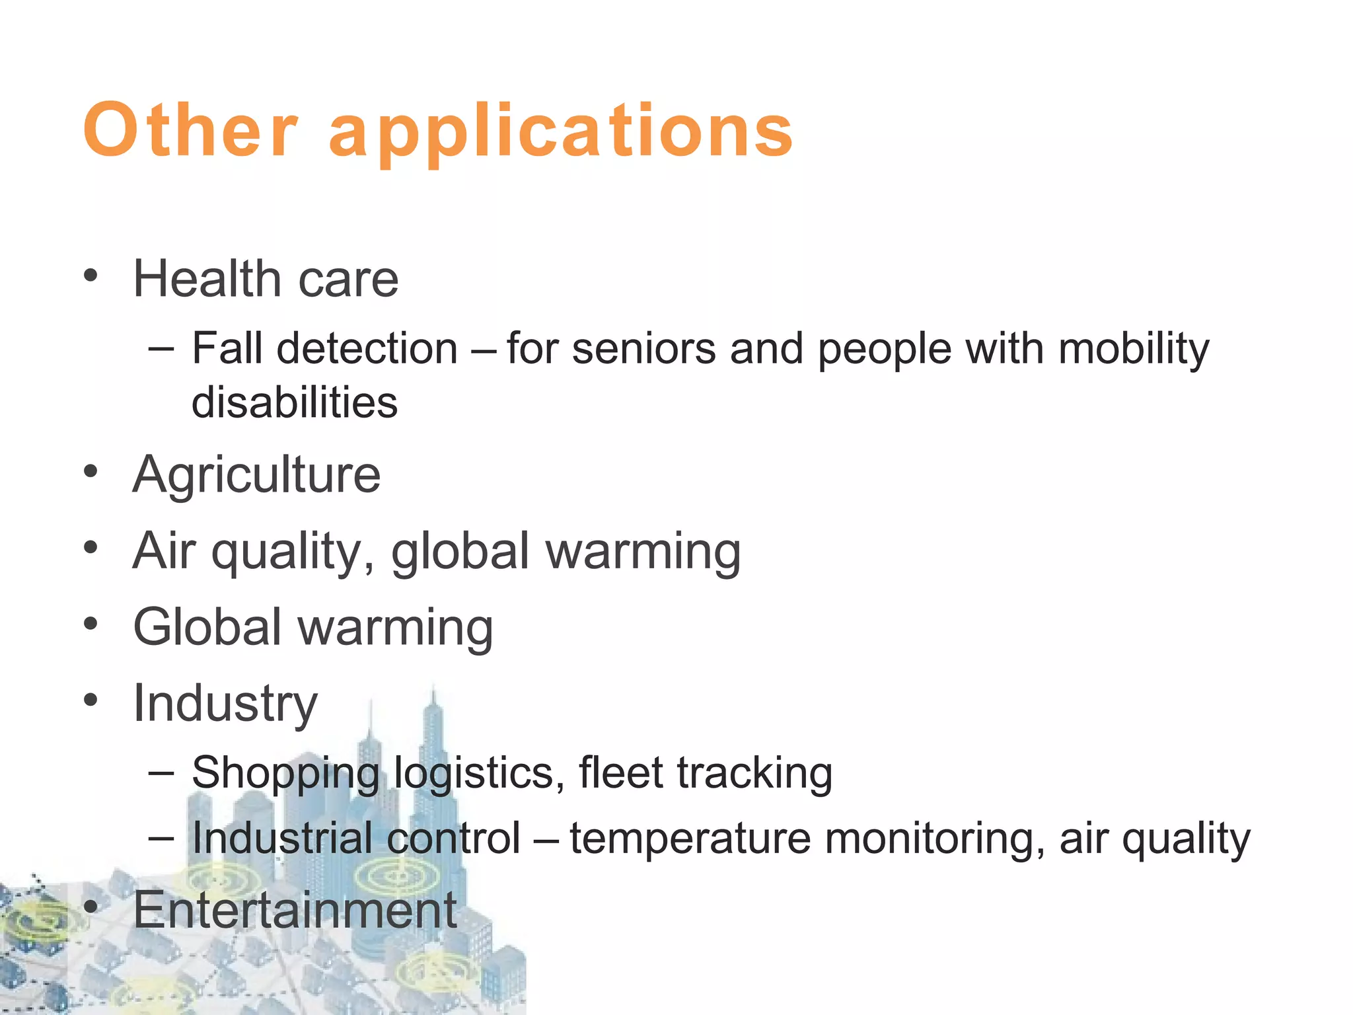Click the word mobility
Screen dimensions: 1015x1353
(x=1134, y=350)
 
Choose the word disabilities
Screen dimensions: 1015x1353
(x=295, y=402)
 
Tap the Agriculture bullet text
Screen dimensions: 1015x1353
(x=257, y=475)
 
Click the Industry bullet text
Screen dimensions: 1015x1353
(x=225, y=704)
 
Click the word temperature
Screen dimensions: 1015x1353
(x=690, y=839)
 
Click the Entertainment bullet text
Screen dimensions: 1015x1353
(x=295, y=910)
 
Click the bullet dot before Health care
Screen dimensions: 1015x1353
(x=91, y=276)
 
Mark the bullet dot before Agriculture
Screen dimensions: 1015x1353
(x=91, y=472)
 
